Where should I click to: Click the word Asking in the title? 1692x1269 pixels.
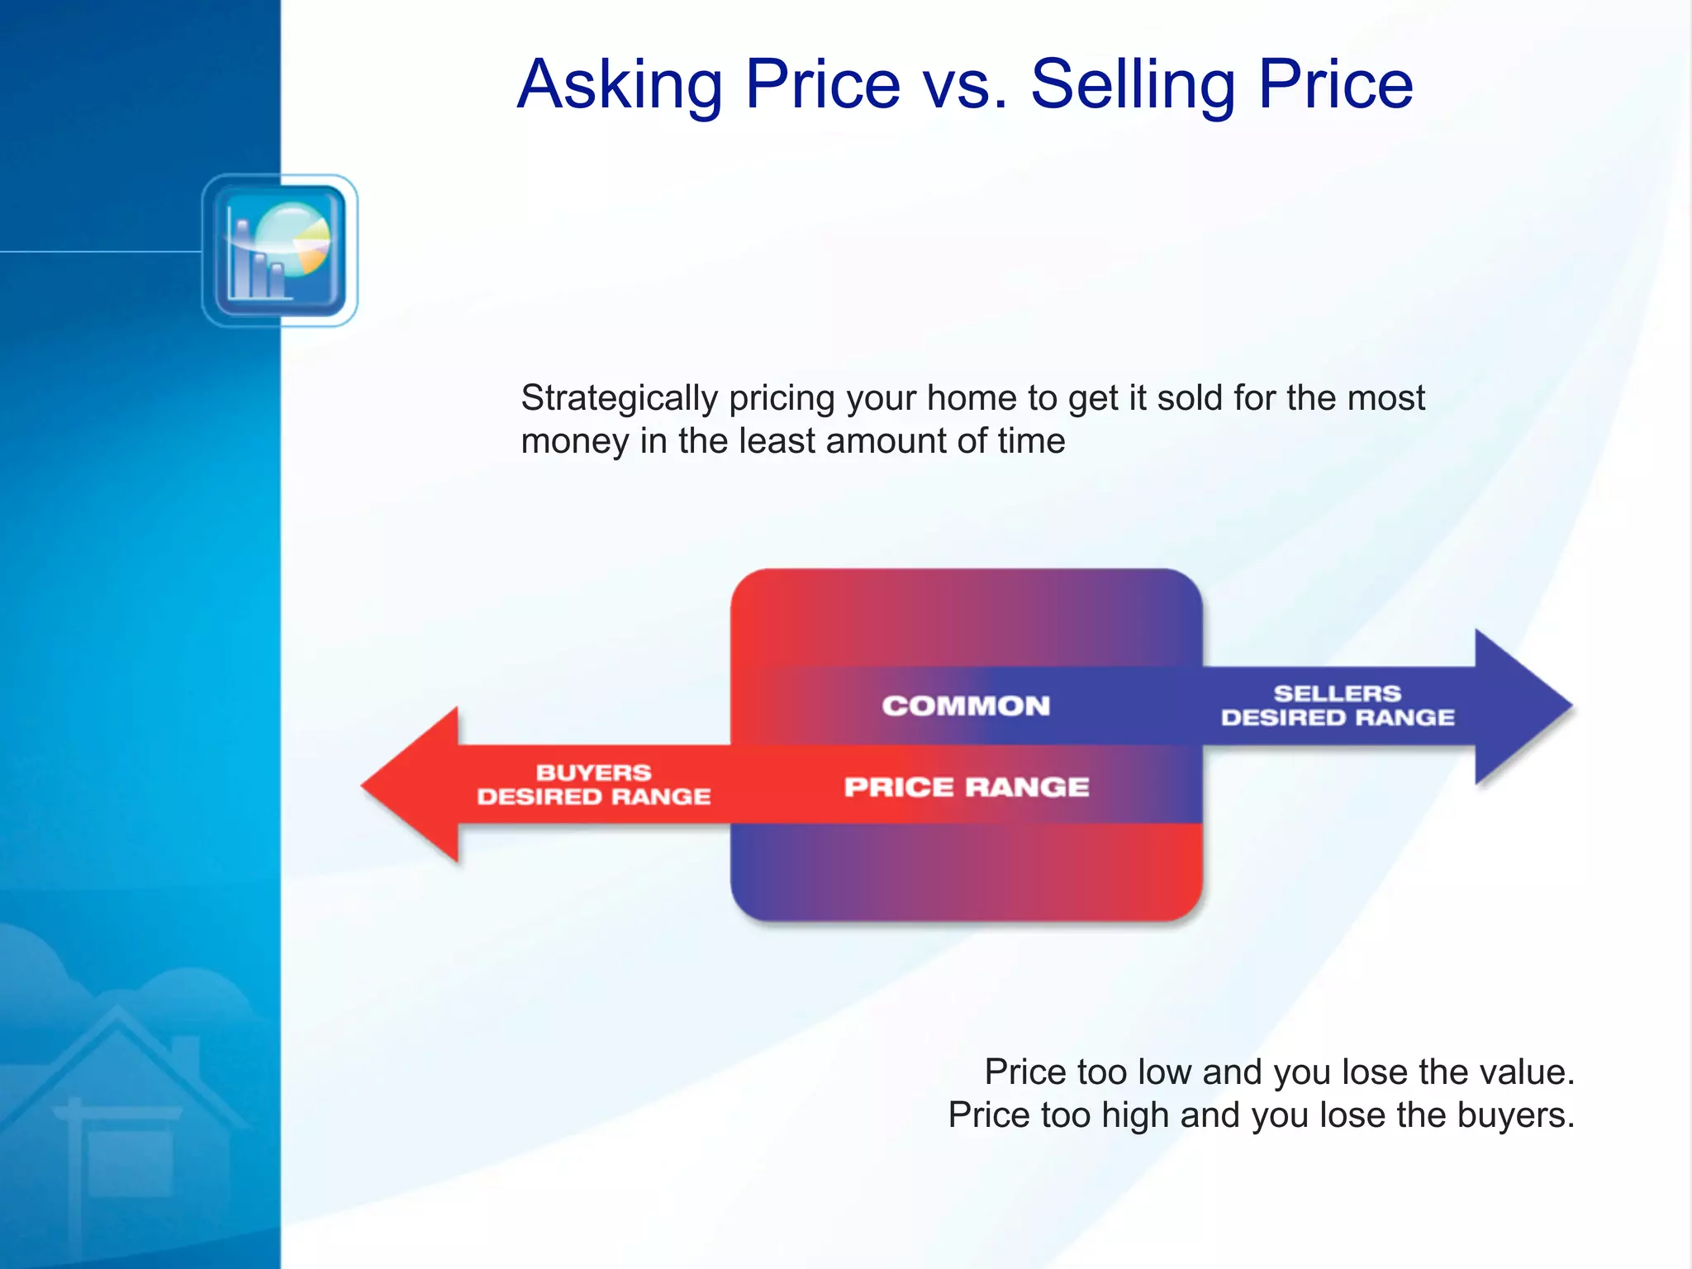tap(620, 85)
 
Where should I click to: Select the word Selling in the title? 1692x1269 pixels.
tap(1133, 85)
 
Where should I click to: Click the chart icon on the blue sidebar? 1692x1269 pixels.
tap(279, 250)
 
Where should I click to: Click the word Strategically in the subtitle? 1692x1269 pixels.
tap(619, 399)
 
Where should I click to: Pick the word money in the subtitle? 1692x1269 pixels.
tap(574, 441)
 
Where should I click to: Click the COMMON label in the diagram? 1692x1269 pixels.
tap(966, 706)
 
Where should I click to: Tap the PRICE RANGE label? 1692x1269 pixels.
tap(967, 787)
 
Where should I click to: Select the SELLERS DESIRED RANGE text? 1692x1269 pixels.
tap(1338, 706)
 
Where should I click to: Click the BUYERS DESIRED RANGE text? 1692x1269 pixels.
tap(593, 785)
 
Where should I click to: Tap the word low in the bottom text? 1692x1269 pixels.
tap(1164, 1072)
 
